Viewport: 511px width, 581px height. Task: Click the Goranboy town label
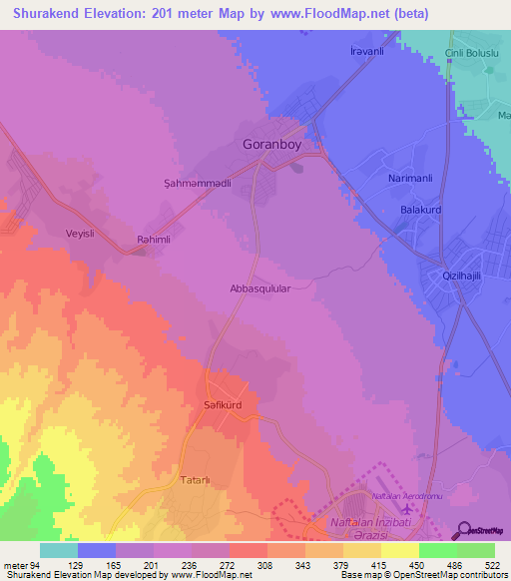click(271, 144)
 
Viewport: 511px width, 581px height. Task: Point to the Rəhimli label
click(155, 240)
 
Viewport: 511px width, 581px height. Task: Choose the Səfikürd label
click(225, 408)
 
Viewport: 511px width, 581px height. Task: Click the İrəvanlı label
click(366, 51)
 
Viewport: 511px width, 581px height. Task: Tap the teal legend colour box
click(59, 550)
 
